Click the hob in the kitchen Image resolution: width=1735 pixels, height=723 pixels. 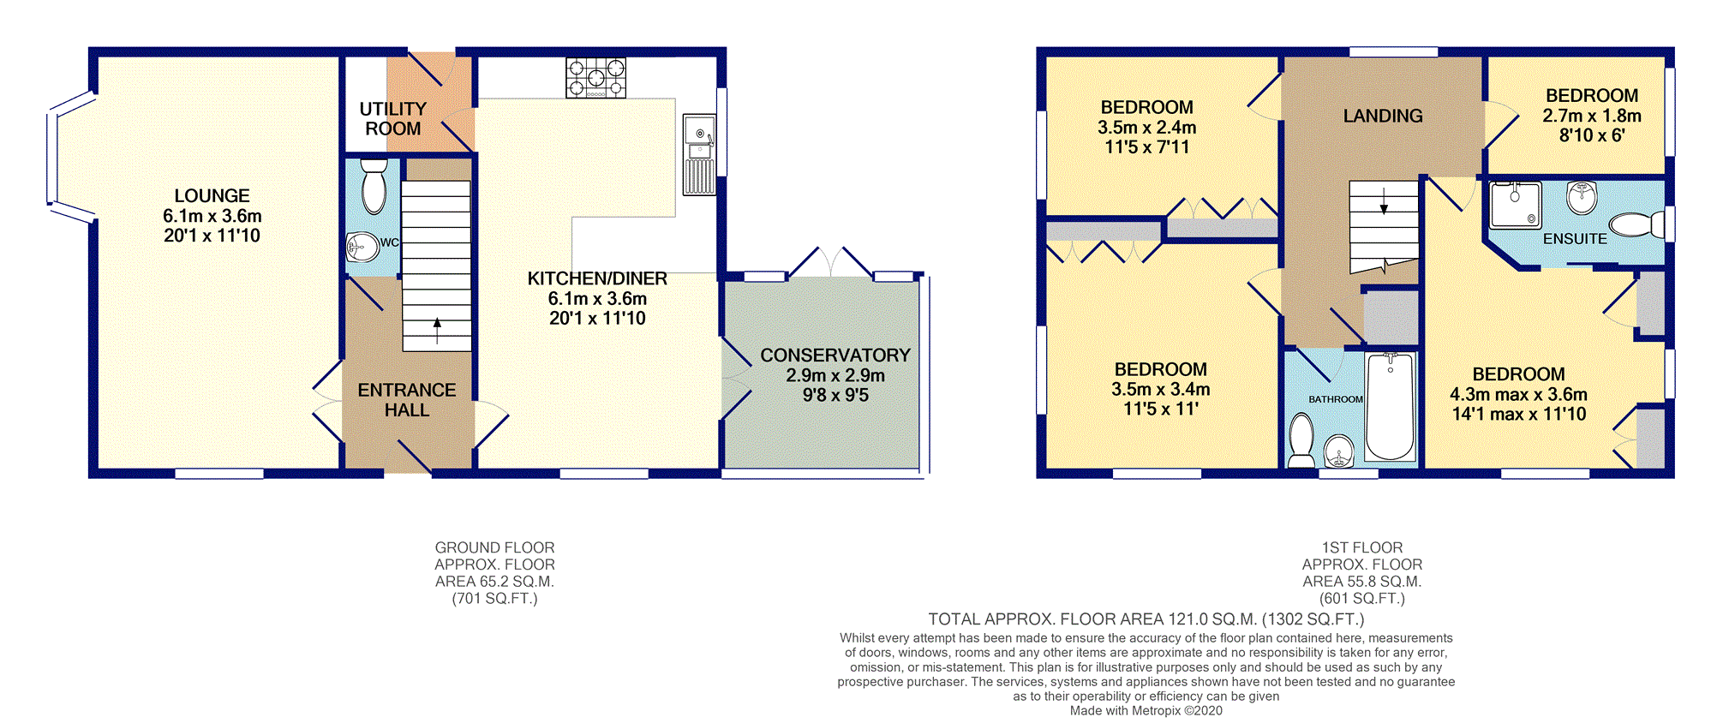click(x=595, y=78)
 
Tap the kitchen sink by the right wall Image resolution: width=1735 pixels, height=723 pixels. click(x=699, y=155)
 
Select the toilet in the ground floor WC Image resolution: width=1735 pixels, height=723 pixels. click(x=374, y=186)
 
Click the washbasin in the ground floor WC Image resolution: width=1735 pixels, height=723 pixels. click(x=362, y=248)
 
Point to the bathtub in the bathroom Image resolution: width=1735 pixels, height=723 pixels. click(x=1390, y=406)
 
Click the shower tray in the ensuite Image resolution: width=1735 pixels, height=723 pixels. click(x=1515, y=205)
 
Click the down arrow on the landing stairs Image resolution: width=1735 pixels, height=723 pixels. click(x=1384, y=201)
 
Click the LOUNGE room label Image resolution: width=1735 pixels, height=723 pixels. click(x=212, y=196)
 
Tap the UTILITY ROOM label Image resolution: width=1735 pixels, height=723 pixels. click(x=392, y=119)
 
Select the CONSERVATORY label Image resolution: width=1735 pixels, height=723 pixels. click(x=835, y=356)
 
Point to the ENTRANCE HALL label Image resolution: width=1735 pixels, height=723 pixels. click(x=407, y=400)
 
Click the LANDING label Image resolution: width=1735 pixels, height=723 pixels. click(x=1383, y=116)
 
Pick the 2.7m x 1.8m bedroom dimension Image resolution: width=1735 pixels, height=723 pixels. click(x=1592, y=116)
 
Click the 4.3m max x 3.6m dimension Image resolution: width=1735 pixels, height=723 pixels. click(x=1518, y=395)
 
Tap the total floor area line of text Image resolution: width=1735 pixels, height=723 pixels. click(x=1146, y=619)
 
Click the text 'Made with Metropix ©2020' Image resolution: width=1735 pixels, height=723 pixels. click(x=1146, y=711)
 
